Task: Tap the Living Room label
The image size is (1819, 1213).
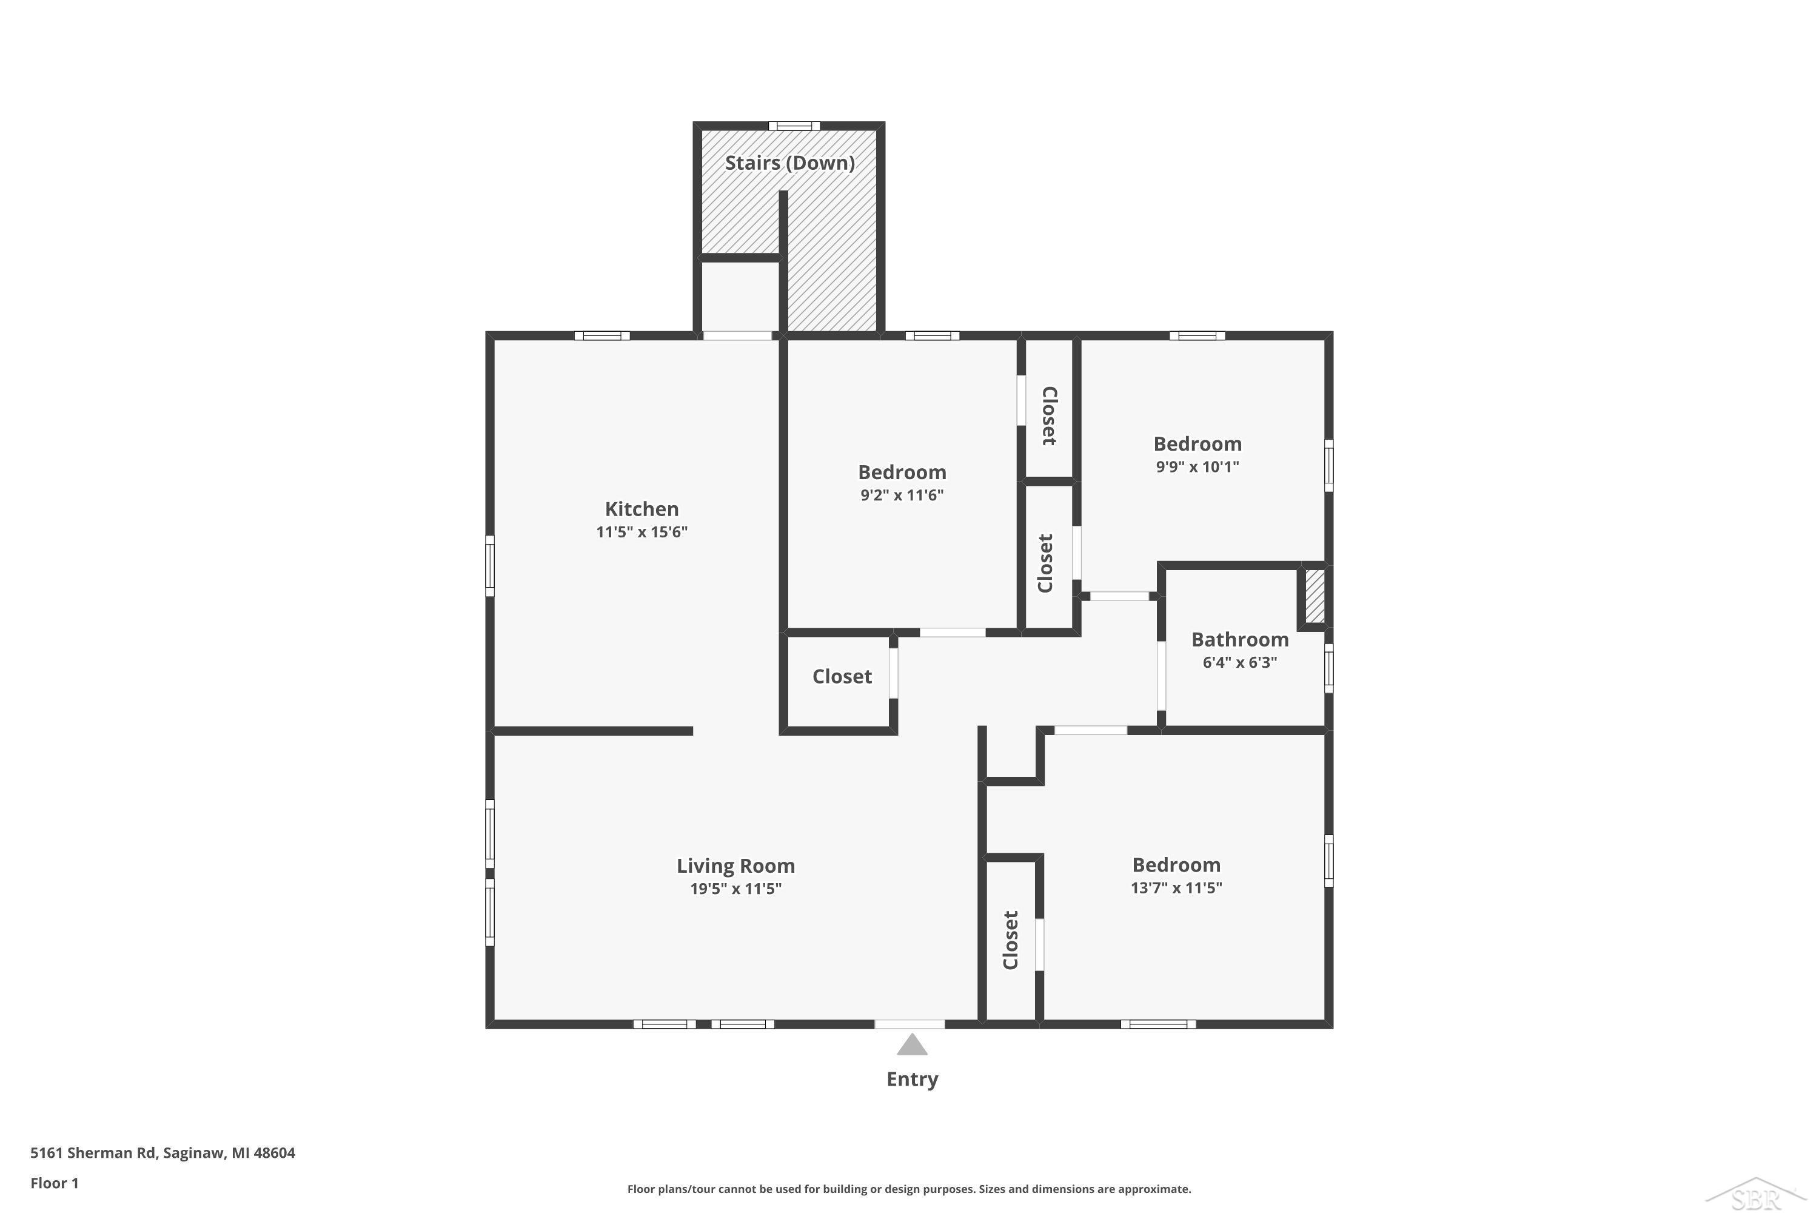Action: pyautogui.click(x=735, y=865)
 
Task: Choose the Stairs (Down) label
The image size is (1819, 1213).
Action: pyautogui.click(x=789, y=163)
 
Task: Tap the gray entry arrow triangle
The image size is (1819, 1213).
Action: pyautogui.click(x=912, y=1044)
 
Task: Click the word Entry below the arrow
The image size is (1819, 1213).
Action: pyautogui.click(x=912, y=1079)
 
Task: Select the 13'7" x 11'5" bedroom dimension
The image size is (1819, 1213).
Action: pyautogui.click(x=1176, y=888)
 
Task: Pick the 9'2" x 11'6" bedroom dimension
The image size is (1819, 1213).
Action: pyautogui.click(x=902, y=495)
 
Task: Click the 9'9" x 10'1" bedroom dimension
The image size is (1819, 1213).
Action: pyautogui.click(x=1197, y=466)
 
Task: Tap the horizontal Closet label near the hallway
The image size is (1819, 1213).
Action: pyautogui.click(x=842, y=677)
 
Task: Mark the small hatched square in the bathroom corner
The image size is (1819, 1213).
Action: pyautogui.click(x=1314, y=596)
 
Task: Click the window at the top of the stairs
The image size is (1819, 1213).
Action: pyautogui.click(x=794, y=126)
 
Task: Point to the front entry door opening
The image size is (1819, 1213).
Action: pyautogui.click(x=909, y=1024)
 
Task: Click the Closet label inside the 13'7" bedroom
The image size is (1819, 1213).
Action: pyautogui.click(x=1011, y=940)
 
